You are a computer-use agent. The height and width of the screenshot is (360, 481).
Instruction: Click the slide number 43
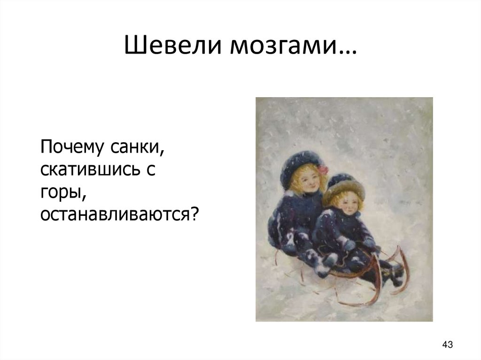pos(447,345)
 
